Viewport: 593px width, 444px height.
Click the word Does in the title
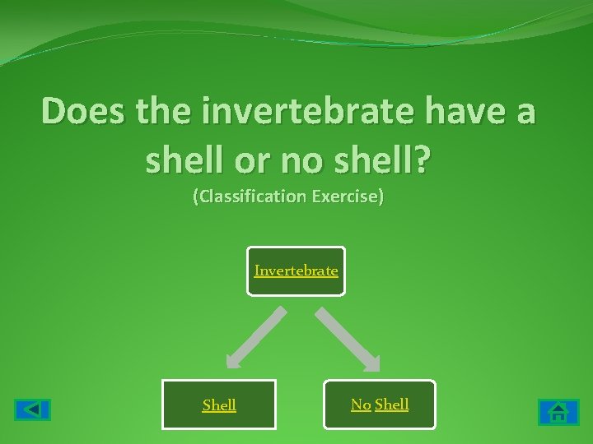coord(81,110)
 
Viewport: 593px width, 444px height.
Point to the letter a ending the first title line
coord(524,112)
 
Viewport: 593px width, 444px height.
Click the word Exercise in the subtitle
coord(348,198)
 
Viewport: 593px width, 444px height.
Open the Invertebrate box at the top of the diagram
coord(296,271)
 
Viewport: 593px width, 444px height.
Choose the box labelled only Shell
coord(219,405)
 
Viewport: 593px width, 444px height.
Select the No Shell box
coord(380,405)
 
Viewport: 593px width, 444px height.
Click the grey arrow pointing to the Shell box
coord(255,337)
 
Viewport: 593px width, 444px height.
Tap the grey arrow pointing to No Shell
coord(348,337)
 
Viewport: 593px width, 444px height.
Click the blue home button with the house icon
coord(558,411)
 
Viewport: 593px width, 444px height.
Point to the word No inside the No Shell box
coord(361,404)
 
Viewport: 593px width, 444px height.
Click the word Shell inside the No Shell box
coord(392,404)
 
